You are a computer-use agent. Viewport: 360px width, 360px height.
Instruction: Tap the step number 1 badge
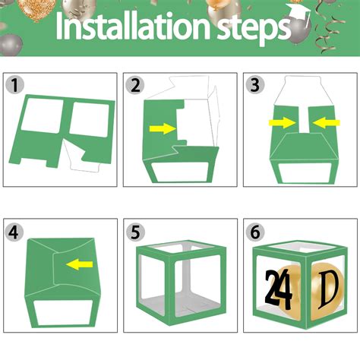pos(15,84)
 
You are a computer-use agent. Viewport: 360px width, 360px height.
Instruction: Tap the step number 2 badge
pos(135,84)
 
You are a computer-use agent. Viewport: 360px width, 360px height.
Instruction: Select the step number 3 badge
pos(255,84)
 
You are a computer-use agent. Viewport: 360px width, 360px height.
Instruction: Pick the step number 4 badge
pos(15,231)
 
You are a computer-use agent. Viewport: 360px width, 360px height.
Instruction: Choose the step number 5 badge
pos(135,231)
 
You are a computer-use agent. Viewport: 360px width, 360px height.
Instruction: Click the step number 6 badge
pos(255,231)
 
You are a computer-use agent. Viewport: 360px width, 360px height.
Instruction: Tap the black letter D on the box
pos(328,289)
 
